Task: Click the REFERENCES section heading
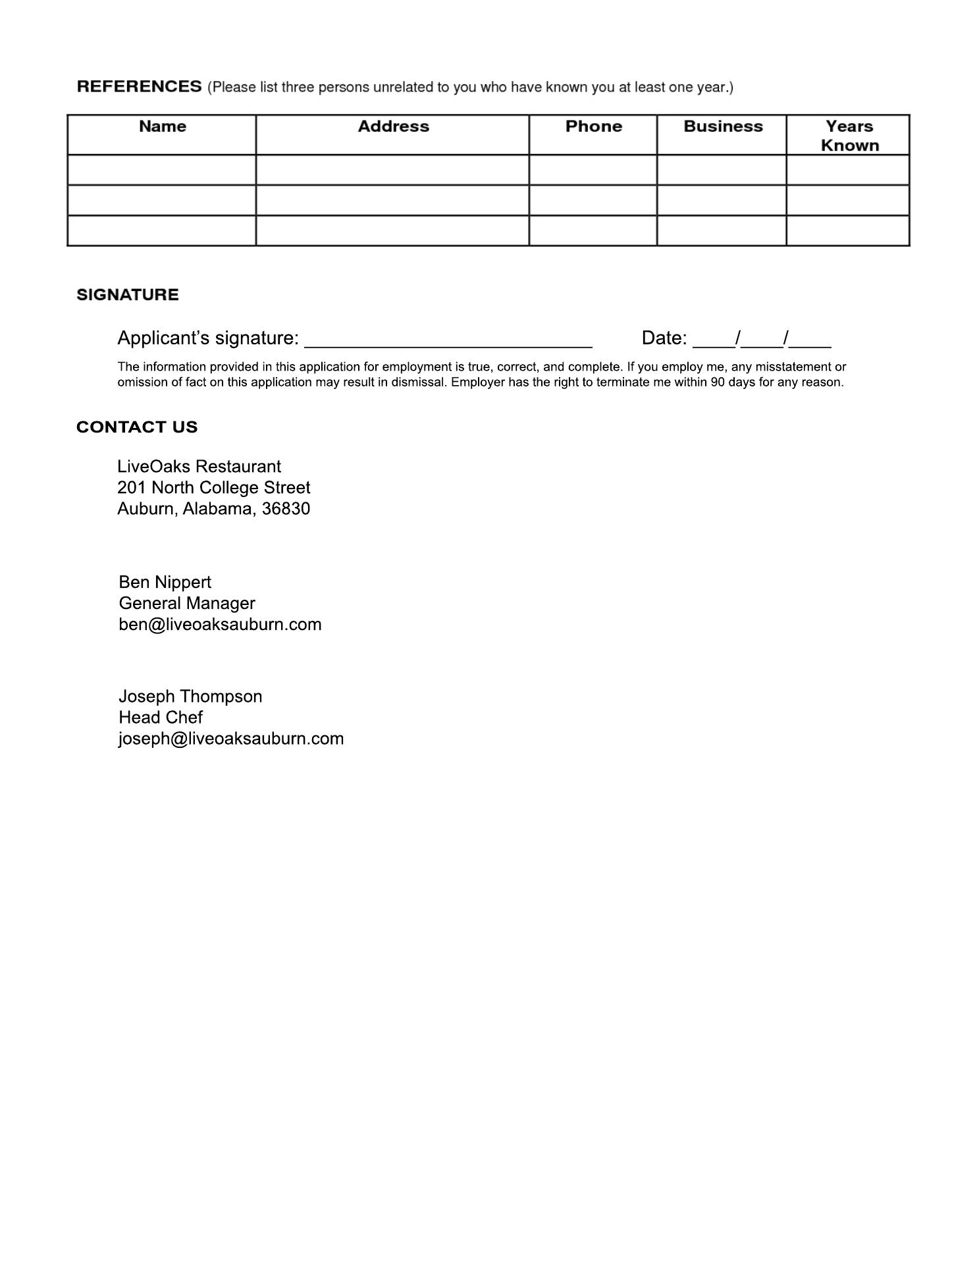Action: (139, 87)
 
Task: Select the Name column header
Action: (162, 126)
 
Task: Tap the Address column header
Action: (393, 126)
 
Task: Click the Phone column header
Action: (593, 126)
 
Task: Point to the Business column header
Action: (723, 126)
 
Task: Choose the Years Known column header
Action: (849, 136)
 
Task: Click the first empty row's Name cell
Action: (162, 170)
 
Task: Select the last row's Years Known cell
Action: (848, 231)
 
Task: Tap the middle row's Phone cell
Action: (593, 200)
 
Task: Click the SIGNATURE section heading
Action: (128, 295)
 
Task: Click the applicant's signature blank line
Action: (448, 340)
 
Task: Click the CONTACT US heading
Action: (137, 427)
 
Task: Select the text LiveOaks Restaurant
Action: (199, 467)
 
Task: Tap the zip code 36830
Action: (286, 509)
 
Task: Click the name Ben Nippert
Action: (165, 583)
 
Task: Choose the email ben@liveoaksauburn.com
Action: (220, 625)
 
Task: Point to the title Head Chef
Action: (161, 718)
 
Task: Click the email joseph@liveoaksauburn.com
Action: (231, 739)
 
